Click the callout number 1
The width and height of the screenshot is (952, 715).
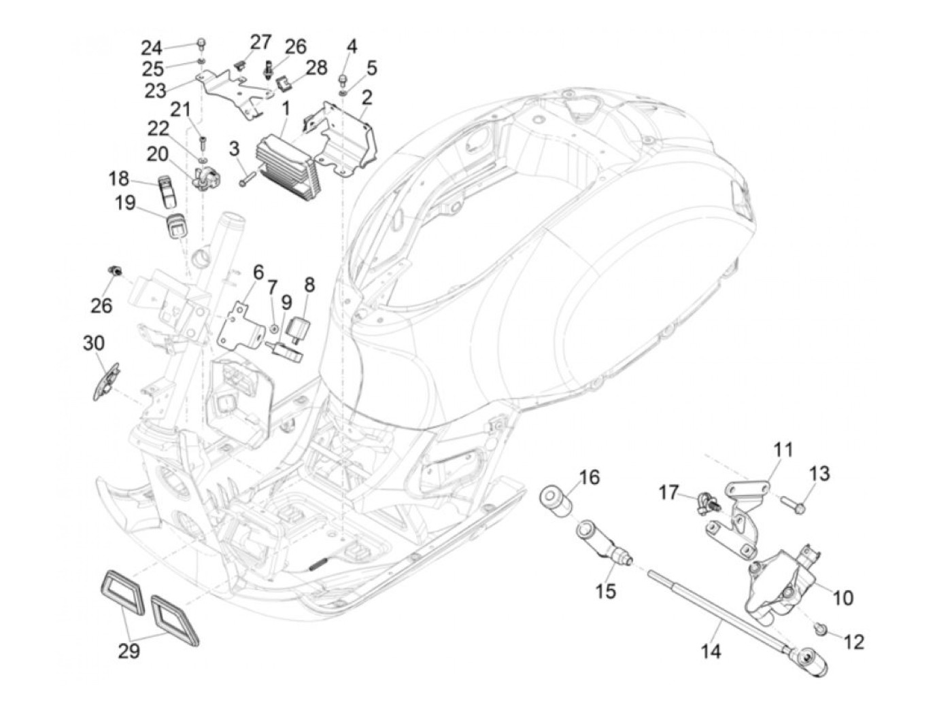(286, 111)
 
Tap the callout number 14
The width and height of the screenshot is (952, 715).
(711, 663)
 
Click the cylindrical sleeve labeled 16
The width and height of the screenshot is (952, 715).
(556, 501)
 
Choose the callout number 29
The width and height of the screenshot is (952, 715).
(129, 663)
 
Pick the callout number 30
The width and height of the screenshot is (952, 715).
(94, 343)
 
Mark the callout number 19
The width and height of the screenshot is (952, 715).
(125, 203)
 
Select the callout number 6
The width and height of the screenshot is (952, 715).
(258, 273)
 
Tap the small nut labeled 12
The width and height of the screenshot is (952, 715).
(820, 640)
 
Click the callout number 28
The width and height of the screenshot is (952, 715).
(316, 67)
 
